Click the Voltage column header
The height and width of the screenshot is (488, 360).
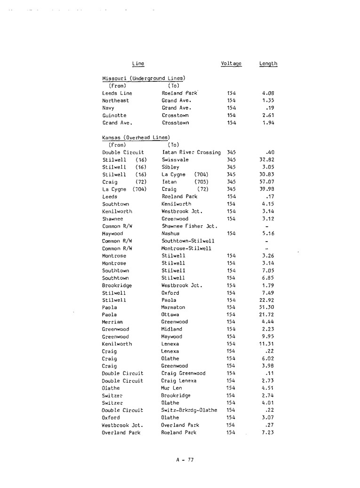tap(231, 63)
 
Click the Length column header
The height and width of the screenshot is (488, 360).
tap(268, 63)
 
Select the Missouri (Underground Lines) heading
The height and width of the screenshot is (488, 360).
tap(144, 78)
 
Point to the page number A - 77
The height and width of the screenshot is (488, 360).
tap(183, 459)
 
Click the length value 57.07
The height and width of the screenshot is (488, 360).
tap(267, 181)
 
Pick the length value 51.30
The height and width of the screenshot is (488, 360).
tap(267, 307)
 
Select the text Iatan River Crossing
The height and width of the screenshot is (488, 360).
tap(191, 153)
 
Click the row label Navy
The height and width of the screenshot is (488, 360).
tap(109, 108)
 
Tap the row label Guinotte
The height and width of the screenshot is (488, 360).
tap(114, 115)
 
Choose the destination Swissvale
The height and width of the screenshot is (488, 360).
tap(175, 160)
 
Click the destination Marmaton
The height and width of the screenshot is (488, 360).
tap(174, 307)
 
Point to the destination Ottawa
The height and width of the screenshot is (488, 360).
tap(171, 314)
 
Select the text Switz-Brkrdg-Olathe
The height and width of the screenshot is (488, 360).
tap(189, 409)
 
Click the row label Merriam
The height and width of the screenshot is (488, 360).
tap(112, 322)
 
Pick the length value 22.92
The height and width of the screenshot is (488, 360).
tap(267, 299)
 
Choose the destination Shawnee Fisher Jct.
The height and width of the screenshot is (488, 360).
tap(189, 226)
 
